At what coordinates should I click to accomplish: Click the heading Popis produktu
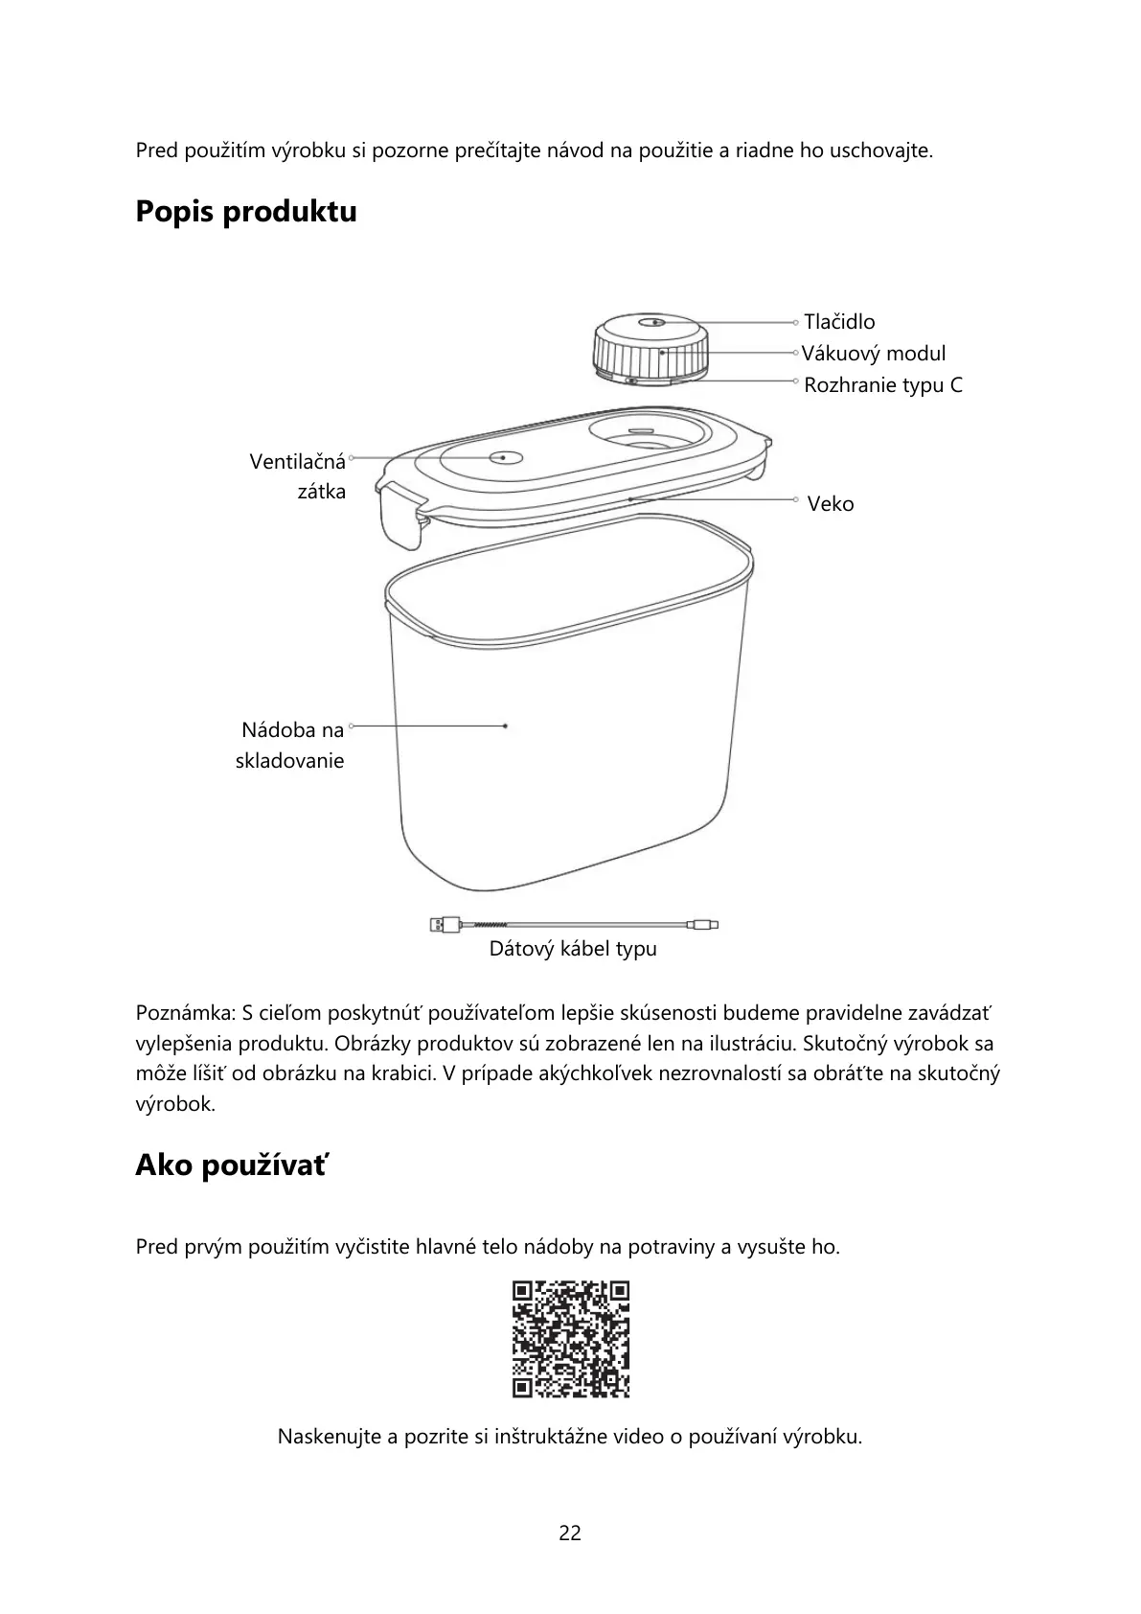click(246, 212)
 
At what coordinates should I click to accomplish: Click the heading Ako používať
click(231, 1165)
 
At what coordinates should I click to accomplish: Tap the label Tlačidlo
click(839, 322)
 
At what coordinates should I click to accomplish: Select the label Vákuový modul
click(874, 354)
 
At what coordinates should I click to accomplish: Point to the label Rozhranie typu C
click(883, 385)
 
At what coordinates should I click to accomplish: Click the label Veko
click(830, 504)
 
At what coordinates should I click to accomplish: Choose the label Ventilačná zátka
click(298, 476)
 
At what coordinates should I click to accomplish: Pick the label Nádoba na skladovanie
click(291, 746)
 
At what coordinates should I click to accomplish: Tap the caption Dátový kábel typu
click(573, 950)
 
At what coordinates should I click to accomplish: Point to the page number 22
click(570, 1533)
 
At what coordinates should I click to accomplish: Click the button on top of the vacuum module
click(653, 322)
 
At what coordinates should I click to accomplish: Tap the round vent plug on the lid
click(504, 458)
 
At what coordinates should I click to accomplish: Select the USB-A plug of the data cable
click(445, 925)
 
